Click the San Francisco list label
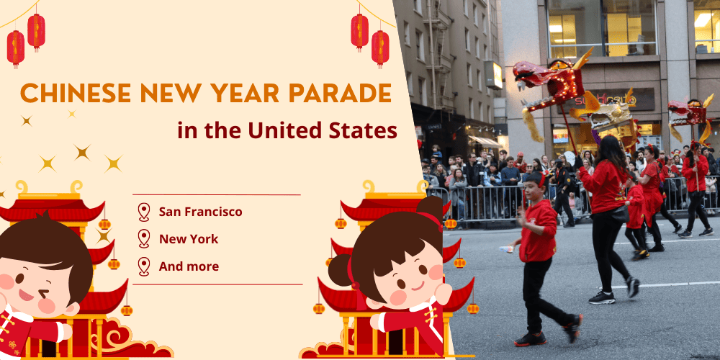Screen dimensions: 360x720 (x=200, y=212)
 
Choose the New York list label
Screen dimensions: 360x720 (x=189, y=239)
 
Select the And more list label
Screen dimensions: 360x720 (x=189, y=266)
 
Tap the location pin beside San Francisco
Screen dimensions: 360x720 (x=144, y=212)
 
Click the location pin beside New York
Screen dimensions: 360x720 (x=144, y=239)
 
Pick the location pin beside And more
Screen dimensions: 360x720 (x=144, y=266)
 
